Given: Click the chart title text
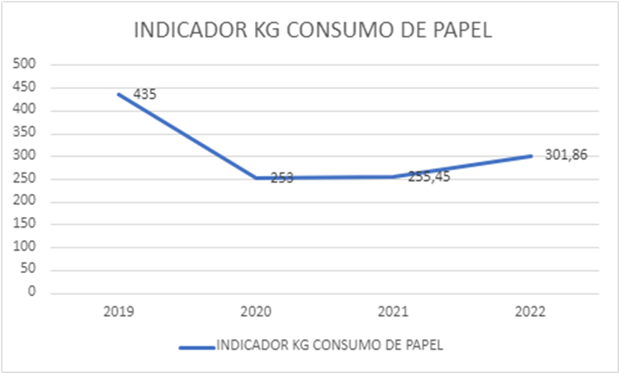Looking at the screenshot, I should [312, 31].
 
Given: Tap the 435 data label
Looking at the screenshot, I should [144, 95].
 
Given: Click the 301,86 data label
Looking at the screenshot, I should [565, 154].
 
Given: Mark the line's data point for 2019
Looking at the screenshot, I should [119, 94].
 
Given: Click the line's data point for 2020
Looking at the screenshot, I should [256, 177].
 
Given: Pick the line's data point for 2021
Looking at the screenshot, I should [393, 177].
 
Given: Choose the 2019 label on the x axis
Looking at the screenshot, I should [119, 313].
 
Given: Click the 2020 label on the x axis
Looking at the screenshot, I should [256, 313].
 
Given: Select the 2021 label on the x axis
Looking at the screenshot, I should [393, 313].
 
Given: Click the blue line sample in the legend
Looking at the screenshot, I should [196, 347].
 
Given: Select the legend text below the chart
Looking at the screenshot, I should [329, 346].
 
